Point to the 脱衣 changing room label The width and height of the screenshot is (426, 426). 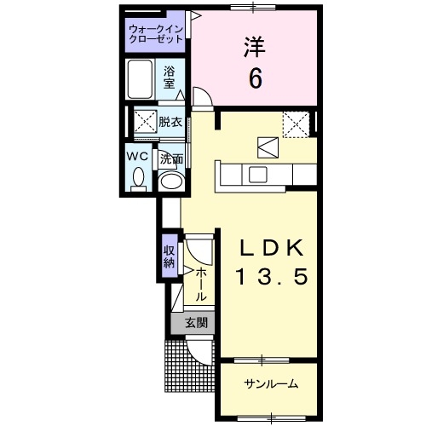pos(170,121)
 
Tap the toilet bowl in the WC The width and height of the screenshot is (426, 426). pos(139,178)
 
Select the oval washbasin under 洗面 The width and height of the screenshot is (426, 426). pos(170,180)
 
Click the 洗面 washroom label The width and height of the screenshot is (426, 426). pos(171,158)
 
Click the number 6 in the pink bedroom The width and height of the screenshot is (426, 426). pos(255,79)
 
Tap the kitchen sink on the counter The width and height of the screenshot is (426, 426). pos(256,175)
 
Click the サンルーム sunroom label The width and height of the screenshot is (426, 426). pos(270,383)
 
